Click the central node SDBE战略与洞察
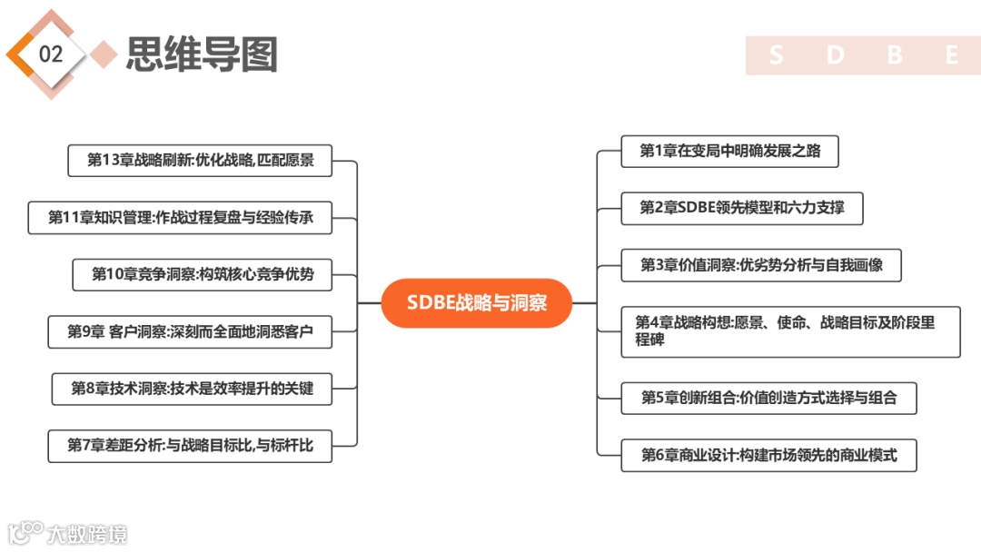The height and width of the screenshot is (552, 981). click(x=477, y=303)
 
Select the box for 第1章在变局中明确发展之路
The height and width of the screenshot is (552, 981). click(x=729, y=152)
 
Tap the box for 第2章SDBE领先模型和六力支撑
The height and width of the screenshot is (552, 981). click(x=741, y=208)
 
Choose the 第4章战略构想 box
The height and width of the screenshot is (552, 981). click(x=790, y=331)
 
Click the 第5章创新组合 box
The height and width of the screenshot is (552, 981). click(x=768, y=398)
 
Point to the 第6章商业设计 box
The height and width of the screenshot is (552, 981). click(x=768, y=455)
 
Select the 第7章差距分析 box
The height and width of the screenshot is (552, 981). click(x=190, y=445)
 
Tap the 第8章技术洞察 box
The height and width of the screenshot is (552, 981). click(x=192, y=389)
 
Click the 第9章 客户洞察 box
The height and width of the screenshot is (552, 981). click(x=190, y=332)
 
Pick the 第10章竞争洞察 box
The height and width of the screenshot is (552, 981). click(x=202, y=274)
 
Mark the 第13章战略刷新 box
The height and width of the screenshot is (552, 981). click(x=200, y=161)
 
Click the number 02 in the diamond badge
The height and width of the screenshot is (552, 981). click(x=51, y=54)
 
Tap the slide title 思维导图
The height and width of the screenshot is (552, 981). click(x=201, y=55)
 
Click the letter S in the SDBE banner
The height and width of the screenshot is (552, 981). click(x=776, y=56)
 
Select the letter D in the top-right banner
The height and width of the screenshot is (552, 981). click(x=835, y=56)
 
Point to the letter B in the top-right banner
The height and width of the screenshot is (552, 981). click(x=894, y=56)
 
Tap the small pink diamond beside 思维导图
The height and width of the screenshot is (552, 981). click(x=105, y=54)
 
